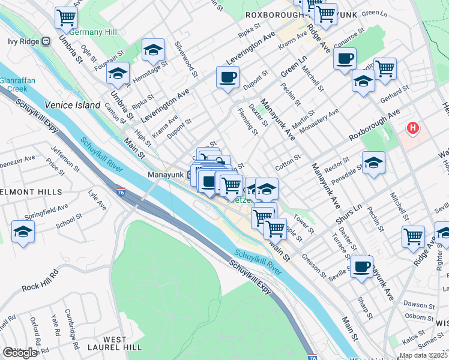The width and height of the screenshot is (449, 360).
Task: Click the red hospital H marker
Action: tap(412, 128)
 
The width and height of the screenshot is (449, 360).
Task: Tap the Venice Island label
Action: tap(71, 105)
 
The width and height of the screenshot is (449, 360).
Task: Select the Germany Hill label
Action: tap(91, 32)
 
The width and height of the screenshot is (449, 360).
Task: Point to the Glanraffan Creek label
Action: tap(14, 84)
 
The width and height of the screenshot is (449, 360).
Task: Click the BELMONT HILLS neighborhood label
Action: tap(30, 192)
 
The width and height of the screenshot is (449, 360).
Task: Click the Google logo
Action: tap(20, 353)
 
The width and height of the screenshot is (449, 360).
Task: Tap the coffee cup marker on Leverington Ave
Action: tap(228, 77)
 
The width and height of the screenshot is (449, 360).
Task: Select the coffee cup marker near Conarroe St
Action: tap(345, 59)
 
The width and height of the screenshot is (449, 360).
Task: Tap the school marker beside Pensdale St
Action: tap(373, 163)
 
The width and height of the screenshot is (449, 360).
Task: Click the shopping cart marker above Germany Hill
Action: tap(65, 17)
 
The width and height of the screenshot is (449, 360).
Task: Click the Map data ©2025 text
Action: tap(423, 355)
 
